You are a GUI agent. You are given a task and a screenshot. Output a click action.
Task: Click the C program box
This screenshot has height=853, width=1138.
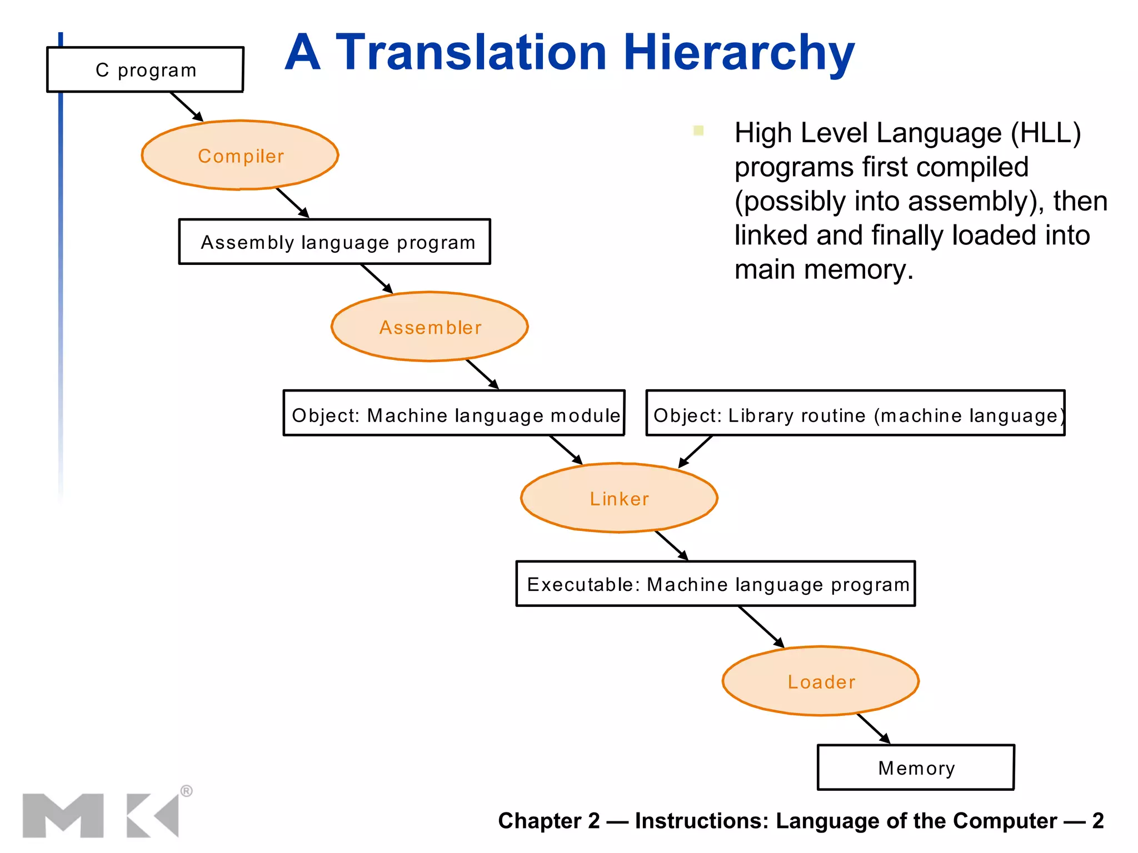[x=145, y=69]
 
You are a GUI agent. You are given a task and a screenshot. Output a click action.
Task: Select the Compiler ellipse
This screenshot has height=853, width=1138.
[x=240, y=155]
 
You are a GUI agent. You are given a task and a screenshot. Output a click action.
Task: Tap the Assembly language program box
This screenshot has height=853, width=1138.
[x=335, y=242]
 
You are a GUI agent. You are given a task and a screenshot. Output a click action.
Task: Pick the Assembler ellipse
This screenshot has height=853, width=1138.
[x=430, y=327]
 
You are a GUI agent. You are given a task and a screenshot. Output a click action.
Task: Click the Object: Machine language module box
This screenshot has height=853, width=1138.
[x=454, y=414]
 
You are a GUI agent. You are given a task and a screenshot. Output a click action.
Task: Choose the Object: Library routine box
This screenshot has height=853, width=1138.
[x=855, y=414]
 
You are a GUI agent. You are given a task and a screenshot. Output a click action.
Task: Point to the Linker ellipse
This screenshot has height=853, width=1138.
[x=619, y=498]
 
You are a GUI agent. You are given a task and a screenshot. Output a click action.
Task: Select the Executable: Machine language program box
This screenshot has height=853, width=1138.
[x=715, y=584]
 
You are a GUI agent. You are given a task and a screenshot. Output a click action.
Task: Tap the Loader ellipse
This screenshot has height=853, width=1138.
[x=821, y=681]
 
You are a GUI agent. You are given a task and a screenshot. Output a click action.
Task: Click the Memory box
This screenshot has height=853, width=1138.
[x=916, y=767]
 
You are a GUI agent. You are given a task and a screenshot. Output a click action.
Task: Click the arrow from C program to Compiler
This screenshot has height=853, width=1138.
[x=187, y=107]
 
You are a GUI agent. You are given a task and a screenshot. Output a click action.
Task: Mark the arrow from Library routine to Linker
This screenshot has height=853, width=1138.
[x=695, y=451]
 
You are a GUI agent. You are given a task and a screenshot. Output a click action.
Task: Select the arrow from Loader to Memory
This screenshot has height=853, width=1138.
[x=874, y=729]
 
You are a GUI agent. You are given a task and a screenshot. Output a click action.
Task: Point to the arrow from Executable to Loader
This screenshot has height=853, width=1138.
[x=761, y=627]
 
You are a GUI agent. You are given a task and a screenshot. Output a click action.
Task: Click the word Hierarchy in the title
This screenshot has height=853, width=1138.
[x=738, y=53]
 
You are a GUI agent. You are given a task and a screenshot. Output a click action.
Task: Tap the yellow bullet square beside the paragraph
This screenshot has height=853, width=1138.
[x=698, y=131]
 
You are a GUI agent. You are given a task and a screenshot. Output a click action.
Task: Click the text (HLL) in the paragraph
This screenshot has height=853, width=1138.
[x=1045, y=134]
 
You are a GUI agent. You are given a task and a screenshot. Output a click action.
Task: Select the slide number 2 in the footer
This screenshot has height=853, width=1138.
[x=1097, y=821]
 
